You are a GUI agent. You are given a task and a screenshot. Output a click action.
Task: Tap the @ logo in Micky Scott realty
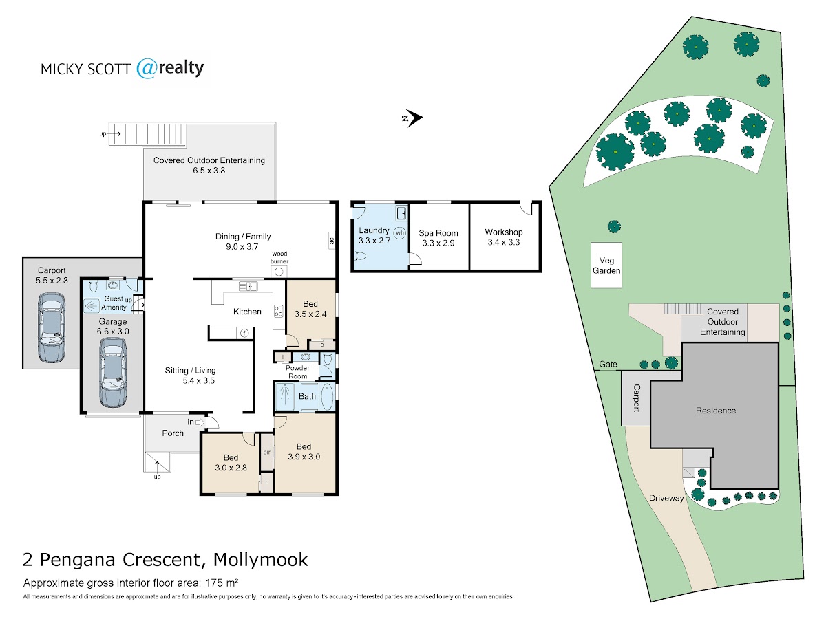coord(147,68)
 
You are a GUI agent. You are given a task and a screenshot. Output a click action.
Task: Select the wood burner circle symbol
coord(279,271)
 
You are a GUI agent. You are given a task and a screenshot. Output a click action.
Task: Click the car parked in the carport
coord(52,327)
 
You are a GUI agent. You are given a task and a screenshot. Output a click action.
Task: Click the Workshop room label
coord(504,232)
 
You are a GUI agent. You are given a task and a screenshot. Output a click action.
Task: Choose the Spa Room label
coord(438,233)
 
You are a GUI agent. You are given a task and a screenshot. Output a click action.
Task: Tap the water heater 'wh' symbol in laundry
coord(399,232)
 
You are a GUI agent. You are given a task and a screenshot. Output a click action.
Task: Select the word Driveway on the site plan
coord(666,498)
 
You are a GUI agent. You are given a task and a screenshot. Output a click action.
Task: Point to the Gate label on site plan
coord(608,364)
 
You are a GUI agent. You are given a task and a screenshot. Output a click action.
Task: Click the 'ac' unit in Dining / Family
coord(331,241)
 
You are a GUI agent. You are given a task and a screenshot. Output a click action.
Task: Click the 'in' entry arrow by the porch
coord(200,422)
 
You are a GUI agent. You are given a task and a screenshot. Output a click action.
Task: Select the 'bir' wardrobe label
coord(266,452)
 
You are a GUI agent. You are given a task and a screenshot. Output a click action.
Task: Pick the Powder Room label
coord(298,372)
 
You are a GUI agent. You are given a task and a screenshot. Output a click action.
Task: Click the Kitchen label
coord(247,312)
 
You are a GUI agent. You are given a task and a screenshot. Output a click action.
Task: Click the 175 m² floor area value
coord(215,583)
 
